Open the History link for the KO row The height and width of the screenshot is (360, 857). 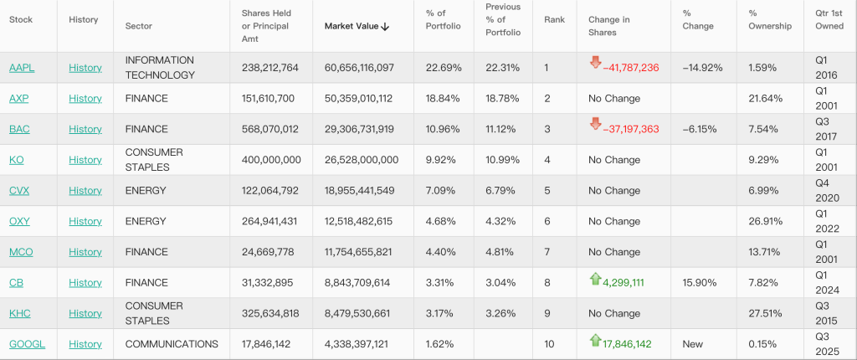pyautogui.click(x=85, y=160)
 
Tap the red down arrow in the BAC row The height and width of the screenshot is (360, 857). pyautogui.click(x=595, y=124)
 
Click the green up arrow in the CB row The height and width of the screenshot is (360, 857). pyautogui.click(x=595, y=278)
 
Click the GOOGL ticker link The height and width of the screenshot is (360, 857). pyautogui.click(x=27, y=344)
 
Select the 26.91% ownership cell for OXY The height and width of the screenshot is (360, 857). pyautogui.click(x=765, y=221)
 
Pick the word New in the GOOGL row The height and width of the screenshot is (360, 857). pyautogui.click(x=691, y=344)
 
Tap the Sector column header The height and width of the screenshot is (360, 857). pyautogui.click(x=138, y=26)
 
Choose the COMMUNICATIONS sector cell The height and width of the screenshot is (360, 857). pyautogui.click(x=172, y=344)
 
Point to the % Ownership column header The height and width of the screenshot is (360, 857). pyautogui.click(x=769, y=20)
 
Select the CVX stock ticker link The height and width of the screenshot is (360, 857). pyautogui.click(x=19, y=191)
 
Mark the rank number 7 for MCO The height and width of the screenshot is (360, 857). pyautogui.click(x=547, y=252)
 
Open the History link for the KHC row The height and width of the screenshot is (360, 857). pyautogui.click(x=85, y=313)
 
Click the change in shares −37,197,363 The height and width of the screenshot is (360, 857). pyautogui.click(x=630, y=129)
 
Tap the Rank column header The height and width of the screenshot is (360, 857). pyautogui.click(x=554, y=20)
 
